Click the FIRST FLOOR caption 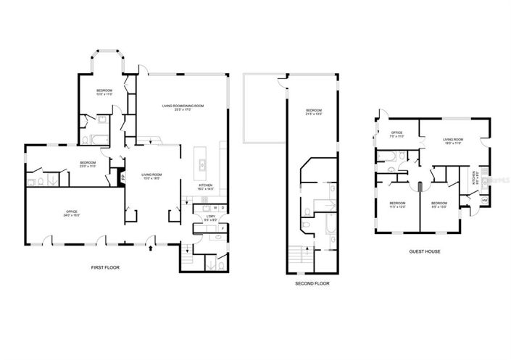[104, 267]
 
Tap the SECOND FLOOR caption [312, 283]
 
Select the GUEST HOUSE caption [425, 251]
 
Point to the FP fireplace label [122, 175]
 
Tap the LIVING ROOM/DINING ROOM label [183, 108]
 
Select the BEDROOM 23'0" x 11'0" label [88, 164]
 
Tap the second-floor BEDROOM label [313, 112]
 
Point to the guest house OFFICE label [396, 134]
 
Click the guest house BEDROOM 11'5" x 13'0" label [397, 204]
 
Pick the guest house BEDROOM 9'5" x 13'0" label [439, 204]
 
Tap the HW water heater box [483, 199]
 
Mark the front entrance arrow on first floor [150, 248]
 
